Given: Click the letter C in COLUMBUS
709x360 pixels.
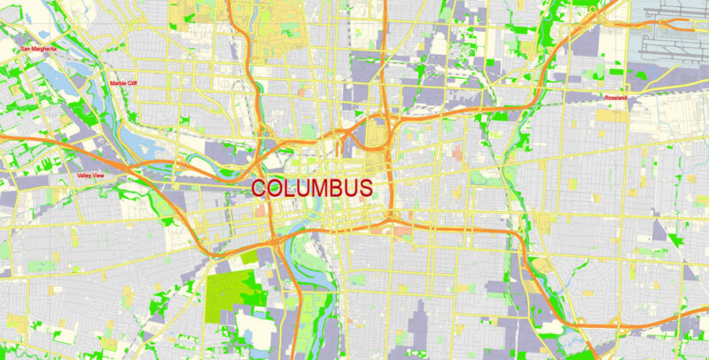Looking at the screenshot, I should pyautogui.click(x=260, y=189).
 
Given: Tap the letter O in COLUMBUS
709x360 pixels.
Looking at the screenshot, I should pyautogui.click(x=277, y=189).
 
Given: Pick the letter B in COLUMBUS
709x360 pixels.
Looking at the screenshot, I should pyautogui.click(x=340, y=189).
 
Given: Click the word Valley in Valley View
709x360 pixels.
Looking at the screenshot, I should pyautogui.click(x=86, y=176).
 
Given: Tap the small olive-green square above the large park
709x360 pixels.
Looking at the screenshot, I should pyautogui.click(x=248, y=256).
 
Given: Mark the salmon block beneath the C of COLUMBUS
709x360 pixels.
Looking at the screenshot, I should pyautogui.click(x=261, y=212).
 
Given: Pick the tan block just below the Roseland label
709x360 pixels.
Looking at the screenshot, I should pyautogui.click(x=612, y=113).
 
